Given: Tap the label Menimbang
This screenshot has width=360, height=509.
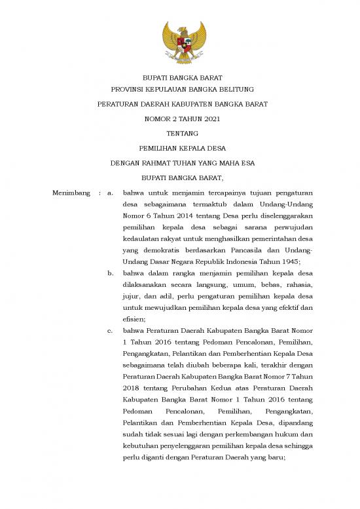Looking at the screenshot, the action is pos(69,193).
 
